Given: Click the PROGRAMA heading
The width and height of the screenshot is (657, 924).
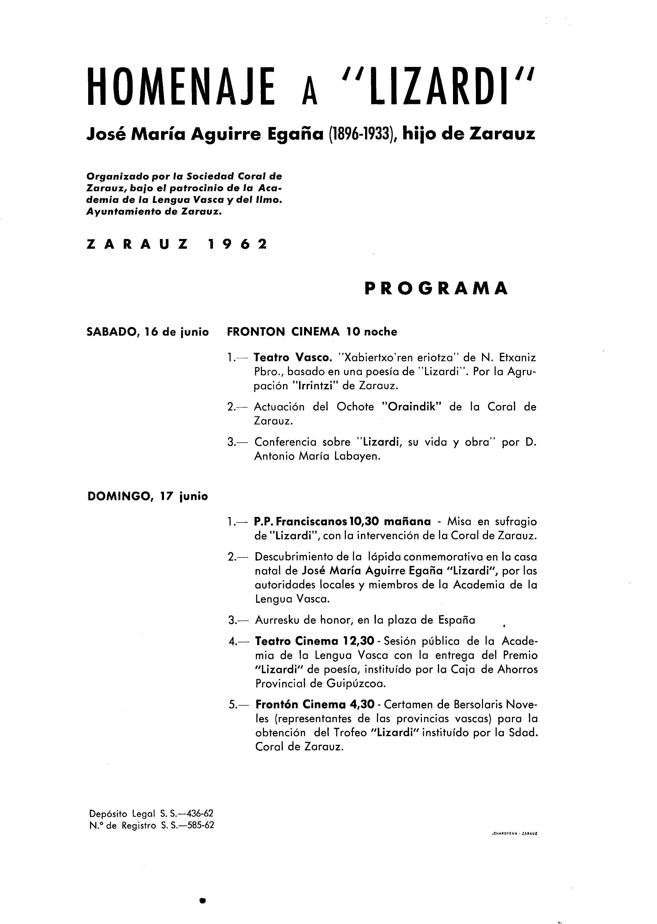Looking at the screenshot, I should [x=436, y=288].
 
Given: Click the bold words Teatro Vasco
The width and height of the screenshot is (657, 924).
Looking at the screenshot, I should [x=292, y=358].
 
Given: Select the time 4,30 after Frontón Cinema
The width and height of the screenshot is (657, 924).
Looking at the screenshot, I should [x=362, y=705].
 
